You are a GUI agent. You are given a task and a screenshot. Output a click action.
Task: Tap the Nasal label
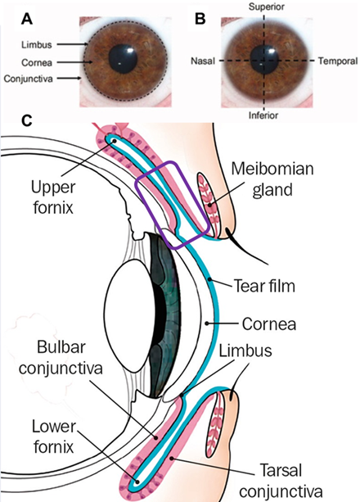(203, 61)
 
